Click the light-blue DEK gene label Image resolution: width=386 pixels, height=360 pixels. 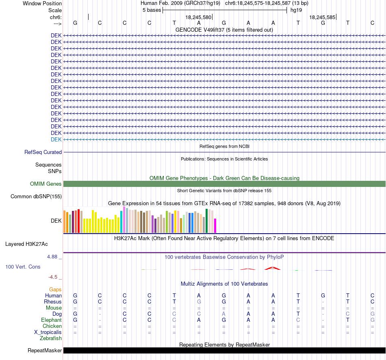click(56, 139)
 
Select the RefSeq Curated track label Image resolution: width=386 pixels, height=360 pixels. click(43, 152)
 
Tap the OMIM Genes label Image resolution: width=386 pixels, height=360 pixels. click(46, 184)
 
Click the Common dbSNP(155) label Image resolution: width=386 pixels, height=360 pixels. click(36, 197)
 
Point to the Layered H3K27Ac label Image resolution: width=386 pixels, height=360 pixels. click(26, 244)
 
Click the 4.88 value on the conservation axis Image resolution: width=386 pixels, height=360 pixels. click(52, 256)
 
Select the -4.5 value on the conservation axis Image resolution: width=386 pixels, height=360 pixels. click(53, 277)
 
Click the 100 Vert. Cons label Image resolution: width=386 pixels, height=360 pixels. click(23, 267)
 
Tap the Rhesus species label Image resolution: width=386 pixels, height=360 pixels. click(53, 301)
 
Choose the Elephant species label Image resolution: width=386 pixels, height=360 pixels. click(52, 320)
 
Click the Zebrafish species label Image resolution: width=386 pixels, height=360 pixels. click(51, 338)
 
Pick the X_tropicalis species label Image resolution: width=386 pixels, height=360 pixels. click(48, 332)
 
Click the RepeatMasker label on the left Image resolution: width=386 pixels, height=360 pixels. click(45, 350)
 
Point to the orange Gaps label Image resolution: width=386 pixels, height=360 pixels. click(55, 290)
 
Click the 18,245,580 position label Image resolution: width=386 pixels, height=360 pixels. click(198, 17)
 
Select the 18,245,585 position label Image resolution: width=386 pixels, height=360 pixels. click(322, 17)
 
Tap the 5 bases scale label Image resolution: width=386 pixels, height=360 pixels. click(152, 10)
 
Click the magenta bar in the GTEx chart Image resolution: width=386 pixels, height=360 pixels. click(215, 226)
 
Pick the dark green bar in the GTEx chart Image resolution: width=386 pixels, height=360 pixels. click(207, 221)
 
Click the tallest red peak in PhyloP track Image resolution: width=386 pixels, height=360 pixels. click(273, 267)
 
